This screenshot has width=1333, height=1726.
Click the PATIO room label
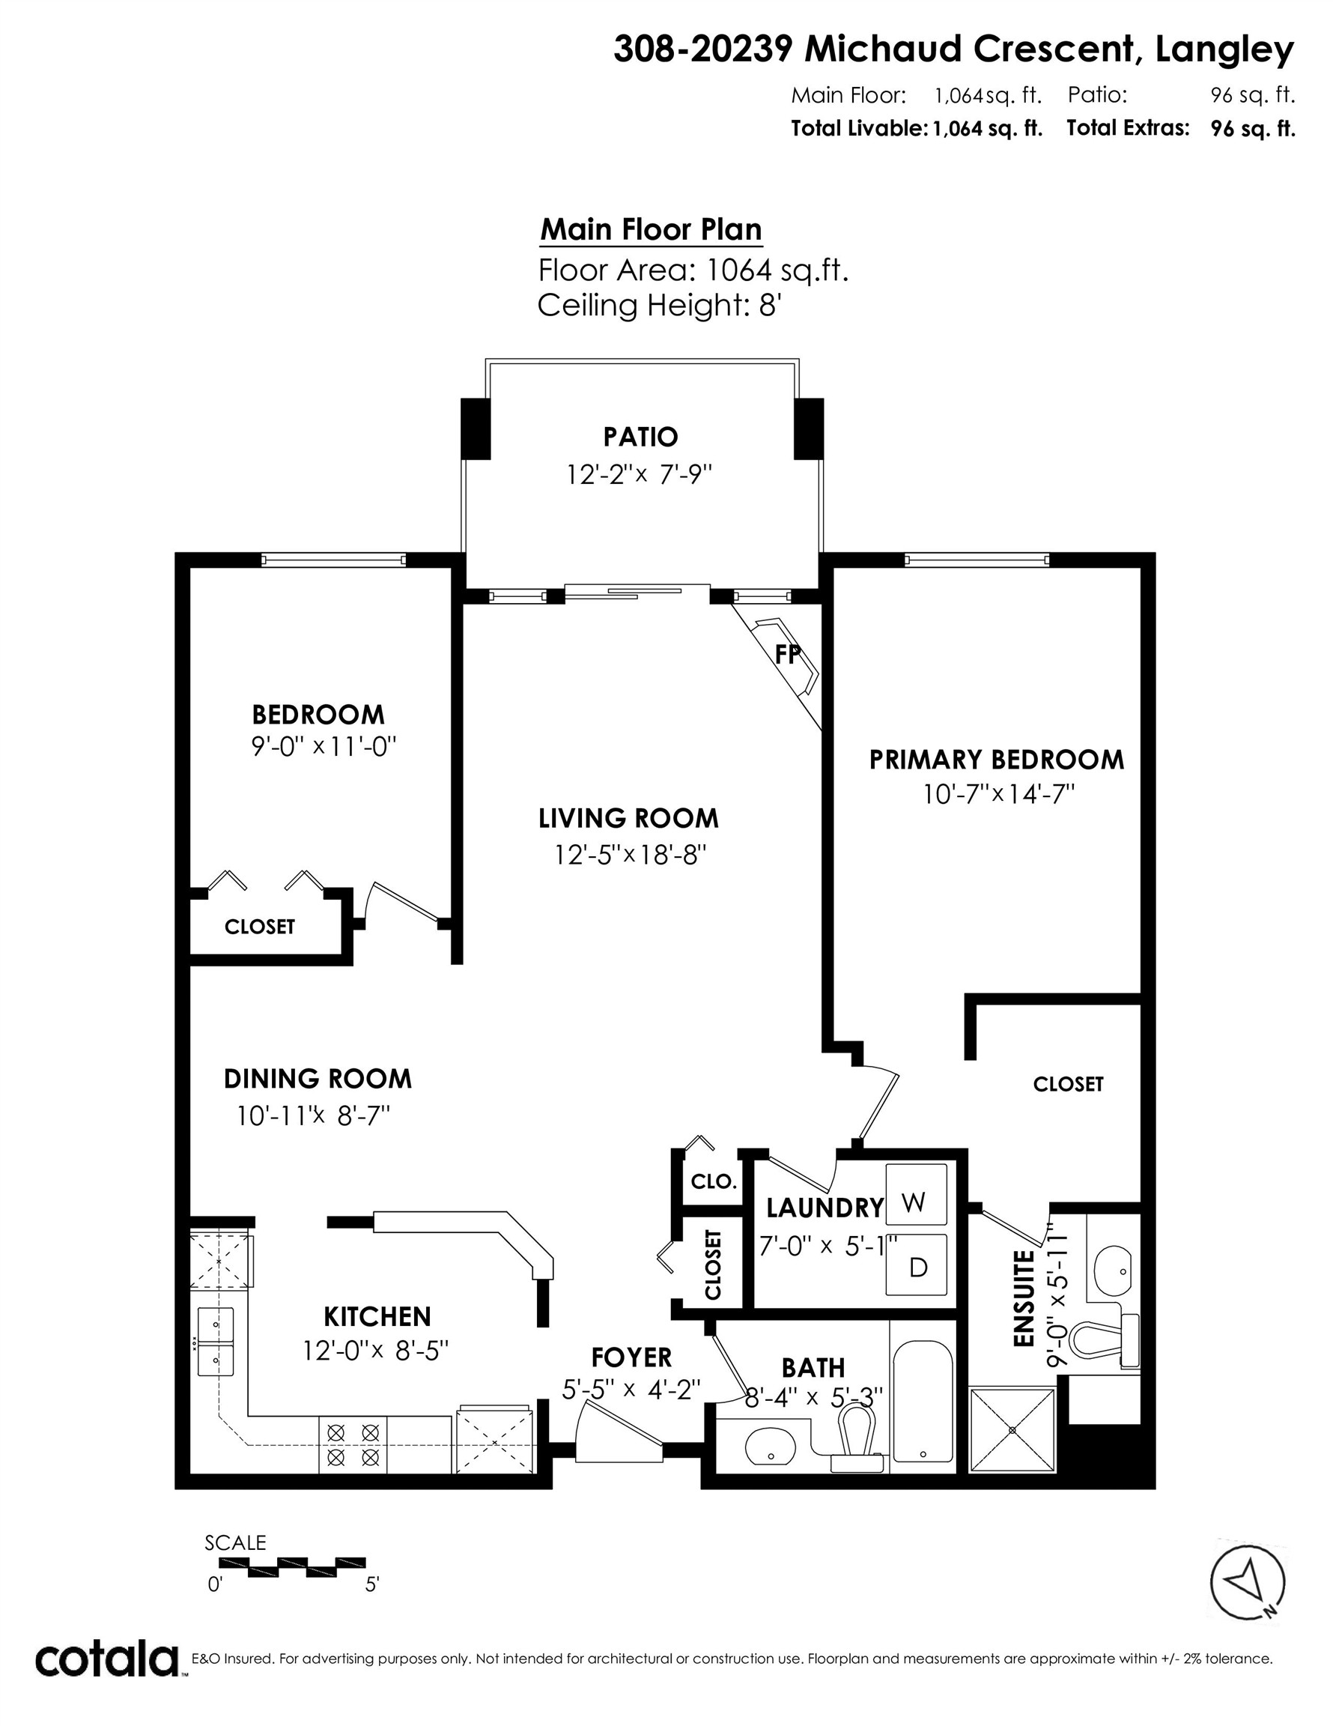(640, 436)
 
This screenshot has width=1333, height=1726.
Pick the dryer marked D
(917, 1267)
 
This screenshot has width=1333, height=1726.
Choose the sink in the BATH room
(771, 1448)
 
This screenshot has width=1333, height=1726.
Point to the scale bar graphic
(292, 1563)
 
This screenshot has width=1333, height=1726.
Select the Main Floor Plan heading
(651, 230)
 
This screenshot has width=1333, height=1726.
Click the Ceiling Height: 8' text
(660, 305)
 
